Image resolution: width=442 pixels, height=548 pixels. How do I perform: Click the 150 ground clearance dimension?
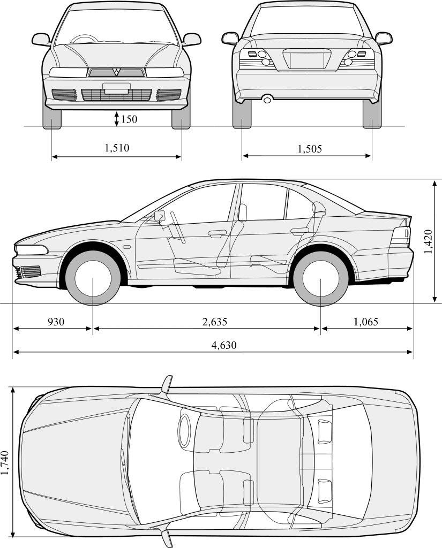129,119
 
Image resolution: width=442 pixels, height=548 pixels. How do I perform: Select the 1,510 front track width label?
117,148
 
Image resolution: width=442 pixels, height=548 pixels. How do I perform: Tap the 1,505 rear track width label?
310,149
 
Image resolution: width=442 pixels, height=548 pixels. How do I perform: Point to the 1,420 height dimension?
427,243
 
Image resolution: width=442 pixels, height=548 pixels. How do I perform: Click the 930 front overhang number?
56,322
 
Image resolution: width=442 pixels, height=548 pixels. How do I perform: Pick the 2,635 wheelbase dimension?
215,322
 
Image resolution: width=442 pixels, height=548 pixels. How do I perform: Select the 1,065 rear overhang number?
365,322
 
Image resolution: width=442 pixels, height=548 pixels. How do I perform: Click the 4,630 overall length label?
223,345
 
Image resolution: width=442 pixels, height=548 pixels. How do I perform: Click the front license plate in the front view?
116,88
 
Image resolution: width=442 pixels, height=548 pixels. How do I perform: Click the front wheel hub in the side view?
93,279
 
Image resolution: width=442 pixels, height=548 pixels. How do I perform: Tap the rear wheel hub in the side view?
320,279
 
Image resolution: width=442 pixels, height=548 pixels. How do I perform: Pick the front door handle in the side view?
217,233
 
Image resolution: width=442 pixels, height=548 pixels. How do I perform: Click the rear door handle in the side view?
298,231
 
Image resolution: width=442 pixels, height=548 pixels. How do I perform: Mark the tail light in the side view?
401,235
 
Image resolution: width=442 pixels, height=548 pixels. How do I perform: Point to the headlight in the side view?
32,250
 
